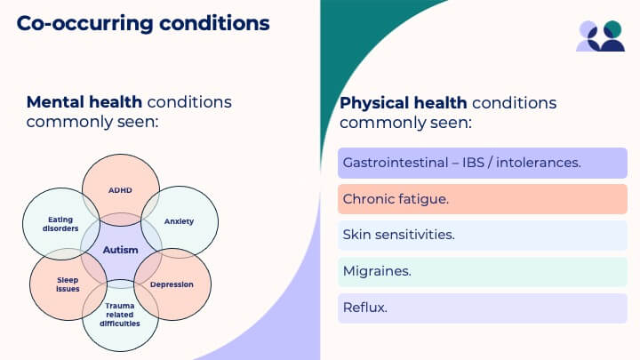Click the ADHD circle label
(120, 190)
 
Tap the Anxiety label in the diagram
(179, 221)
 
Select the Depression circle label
(172, 284)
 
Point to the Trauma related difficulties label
(120, 315)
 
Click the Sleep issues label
(68, 284)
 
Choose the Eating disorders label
(60, 224)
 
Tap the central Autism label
(120, 250)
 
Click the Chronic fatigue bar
(483, 199)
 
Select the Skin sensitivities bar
(483, 235)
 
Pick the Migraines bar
(483, 271)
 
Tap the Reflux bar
(483, 308)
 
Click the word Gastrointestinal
(396, 163)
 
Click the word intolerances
(539, 163)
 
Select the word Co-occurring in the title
(85, 23)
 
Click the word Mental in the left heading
(55, 102)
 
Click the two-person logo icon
(600, 36)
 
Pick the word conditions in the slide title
(214, 23)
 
